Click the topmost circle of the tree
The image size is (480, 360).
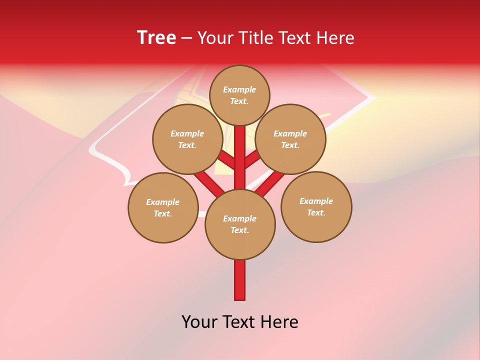tap(239, 95)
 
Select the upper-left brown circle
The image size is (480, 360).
tap(187, 139)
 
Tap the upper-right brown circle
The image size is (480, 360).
tap(290, 139)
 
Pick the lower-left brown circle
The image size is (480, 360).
tap(163, 207)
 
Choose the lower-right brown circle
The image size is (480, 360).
tap(316, 206)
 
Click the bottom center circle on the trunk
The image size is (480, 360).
tap(240, 224)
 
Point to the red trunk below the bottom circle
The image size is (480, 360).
tap(240, 280)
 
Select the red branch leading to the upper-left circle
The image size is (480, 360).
tap(227, 161)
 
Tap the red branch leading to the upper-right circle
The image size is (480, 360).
tap(252, 161)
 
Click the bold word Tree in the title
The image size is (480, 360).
tap(156, 37)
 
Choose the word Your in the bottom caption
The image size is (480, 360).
tap(199, 322)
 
